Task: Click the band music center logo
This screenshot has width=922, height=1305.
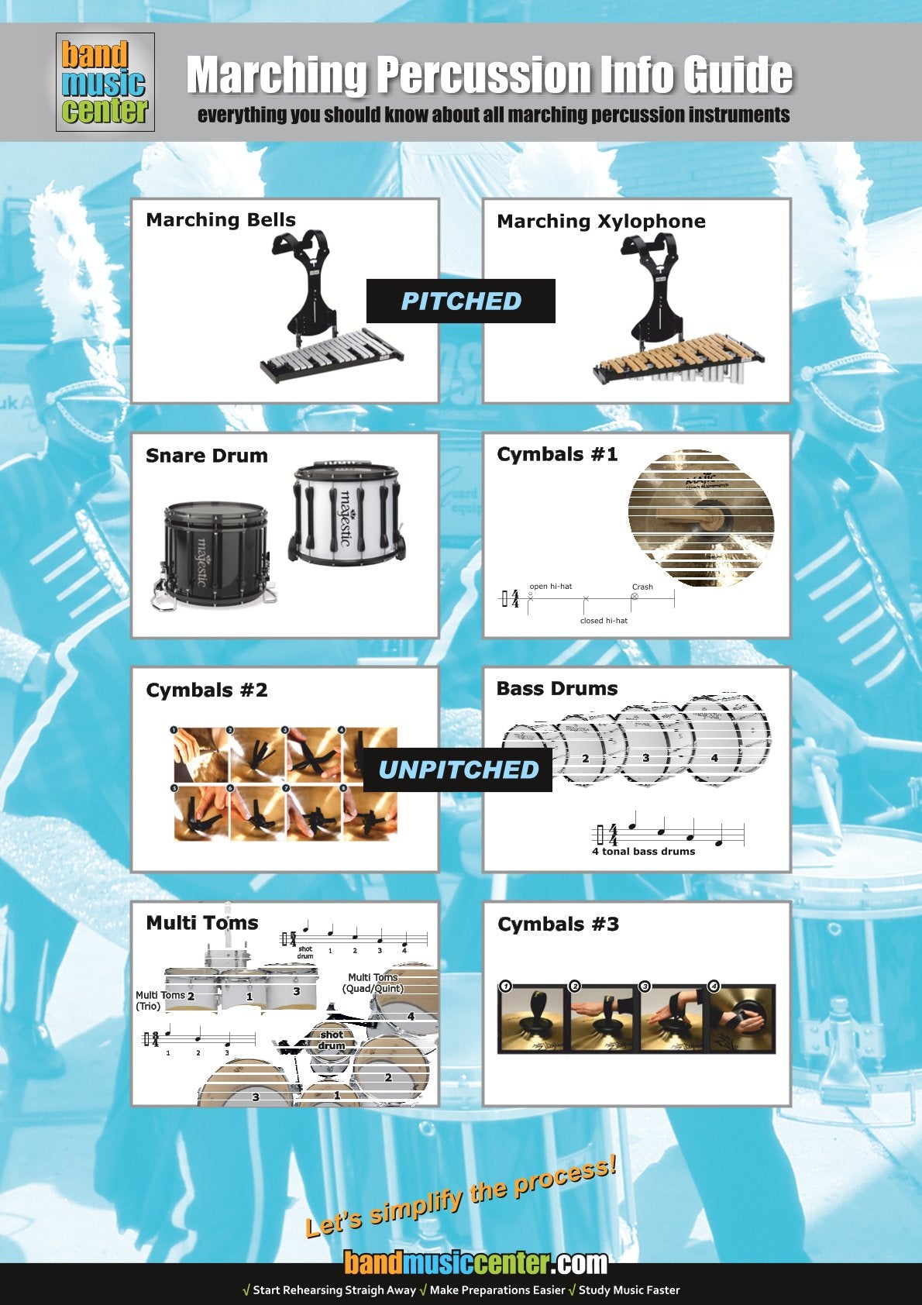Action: pos(105,82)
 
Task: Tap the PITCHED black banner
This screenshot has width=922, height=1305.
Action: pos(461,301)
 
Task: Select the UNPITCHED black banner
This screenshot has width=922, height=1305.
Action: pos(458,770)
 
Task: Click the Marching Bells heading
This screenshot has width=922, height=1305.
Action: pos(221,220)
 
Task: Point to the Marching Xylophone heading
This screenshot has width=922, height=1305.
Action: pos(601,222)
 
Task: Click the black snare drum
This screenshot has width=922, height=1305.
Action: pos(215,553)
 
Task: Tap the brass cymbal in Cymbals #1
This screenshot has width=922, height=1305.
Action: pos(701,518)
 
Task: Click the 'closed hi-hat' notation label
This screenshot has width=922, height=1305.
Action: pos(604,621)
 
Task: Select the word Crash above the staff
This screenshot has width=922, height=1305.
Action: pos(642,587)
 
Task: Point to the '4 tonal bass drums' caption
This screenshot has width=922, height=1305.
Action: pos(643,852)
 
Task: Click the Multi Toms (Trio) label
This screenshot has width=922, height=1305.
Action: pos(160,1000)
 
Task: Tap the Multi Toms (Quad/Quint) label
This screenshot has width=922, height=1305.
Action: pos(373,983)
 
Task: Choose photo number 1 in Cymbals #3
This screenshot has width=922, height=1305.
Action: pos(532,1019)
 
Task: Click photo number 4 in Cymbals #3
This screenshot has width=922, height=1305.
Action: pos(741,1019)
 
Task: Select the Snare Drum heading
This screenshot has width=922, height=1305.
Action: pos(207,456)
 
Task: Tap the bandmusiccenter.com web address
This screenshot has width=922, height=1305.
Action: pos(475,1263)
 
